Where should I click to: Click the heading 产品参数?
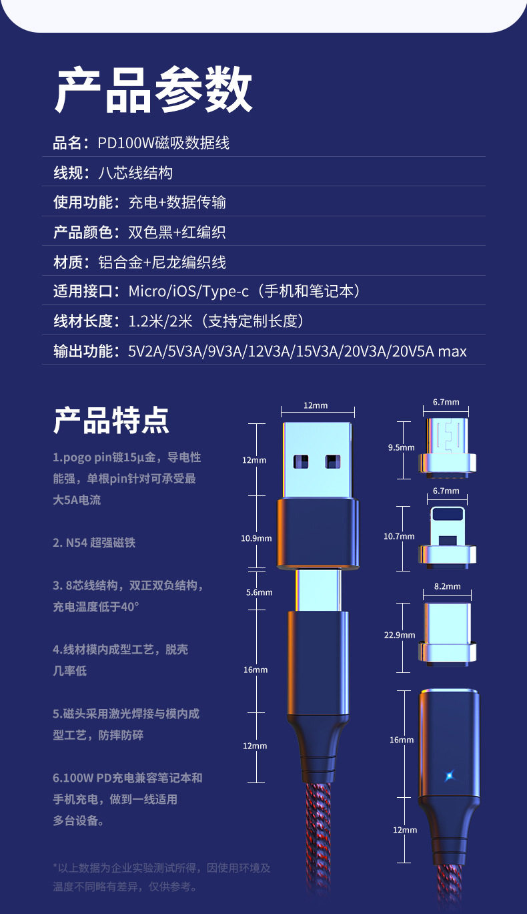tap(153, 89)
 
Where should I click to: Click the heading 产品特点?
tap(111, 420)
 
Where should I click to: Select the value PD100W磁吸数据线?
tap(163, 142)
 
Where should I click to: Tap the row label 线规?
tap(67, 173)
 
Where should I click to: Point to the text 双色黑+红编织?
tap(177, 232)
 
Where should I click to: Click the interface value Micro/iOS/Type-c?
tap(188, 291)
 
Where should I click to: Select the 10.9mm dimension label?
tap(256, 538)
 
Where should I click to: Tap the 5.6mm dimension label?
tap(259, 592)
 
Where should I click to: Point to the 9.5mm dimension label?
tap(401, 447)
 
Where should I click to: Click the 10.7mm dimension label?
tap(399, 536)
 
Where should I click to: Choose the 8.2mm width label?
tap(447, 586)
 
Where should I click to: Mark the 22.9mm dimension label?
tap(399, 635)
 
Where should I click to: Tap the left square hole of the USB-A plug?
tap(302, 461)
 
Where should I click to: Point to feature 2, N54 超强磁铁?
tap(94, 543)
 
